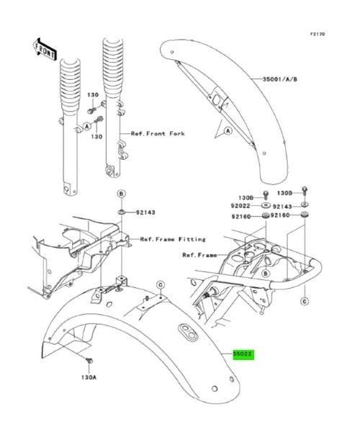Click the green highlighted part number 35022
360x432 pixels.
(243, 354)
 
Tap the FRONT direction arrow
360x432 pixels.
(45, 50)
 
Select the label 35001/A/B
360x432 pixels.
(279, 79)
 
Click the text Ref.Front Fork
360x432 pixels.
(158, 134)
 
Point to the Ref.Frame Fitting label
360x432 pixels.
(173, 239)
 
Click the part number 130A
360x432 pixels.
(89, 377)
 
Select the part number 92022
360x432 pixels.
(240, 206)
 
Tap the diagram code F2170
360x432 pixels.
(318, 34)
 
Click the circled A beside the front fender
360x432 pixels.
(228, 131)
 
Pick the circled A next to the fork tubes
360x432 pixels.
(87, 127)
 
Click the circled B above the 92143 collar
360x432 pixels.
(121, 194)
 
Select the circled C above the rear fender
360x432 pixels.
(161, 284)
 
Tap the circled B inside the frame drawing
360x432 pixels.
(265, 274)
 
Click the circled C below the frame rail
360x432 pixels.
(305, 302)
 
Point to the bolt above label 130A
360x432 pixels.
(89, 360)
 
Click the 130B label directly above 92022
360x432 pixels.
(246, 197)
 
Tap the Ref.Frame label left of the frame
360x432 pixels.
(199, 255)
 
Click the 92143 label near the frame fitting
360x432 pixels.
(145, 212)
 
